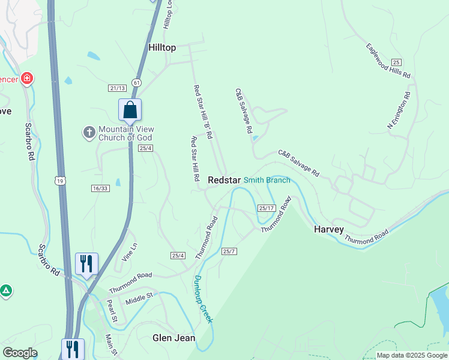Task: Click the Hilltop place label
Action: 162,47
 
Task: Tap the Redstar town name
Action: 224,180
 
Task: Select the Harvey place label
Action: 329,229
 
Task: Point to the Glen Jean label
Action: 173,338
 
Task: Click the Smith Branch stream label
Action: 267,180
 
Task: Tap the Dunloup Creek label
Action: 203,298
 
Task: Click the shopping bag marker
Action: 130,110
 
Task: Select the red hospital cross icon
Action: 26,79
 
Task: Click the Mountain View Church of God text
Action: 126,133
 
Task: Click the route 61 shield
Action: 137,82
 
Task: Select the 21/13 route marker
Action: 117,88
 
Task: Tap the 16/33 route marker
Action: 100,188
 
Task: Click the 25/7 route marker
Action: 229,251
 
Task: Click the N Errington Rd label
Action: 399,110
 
